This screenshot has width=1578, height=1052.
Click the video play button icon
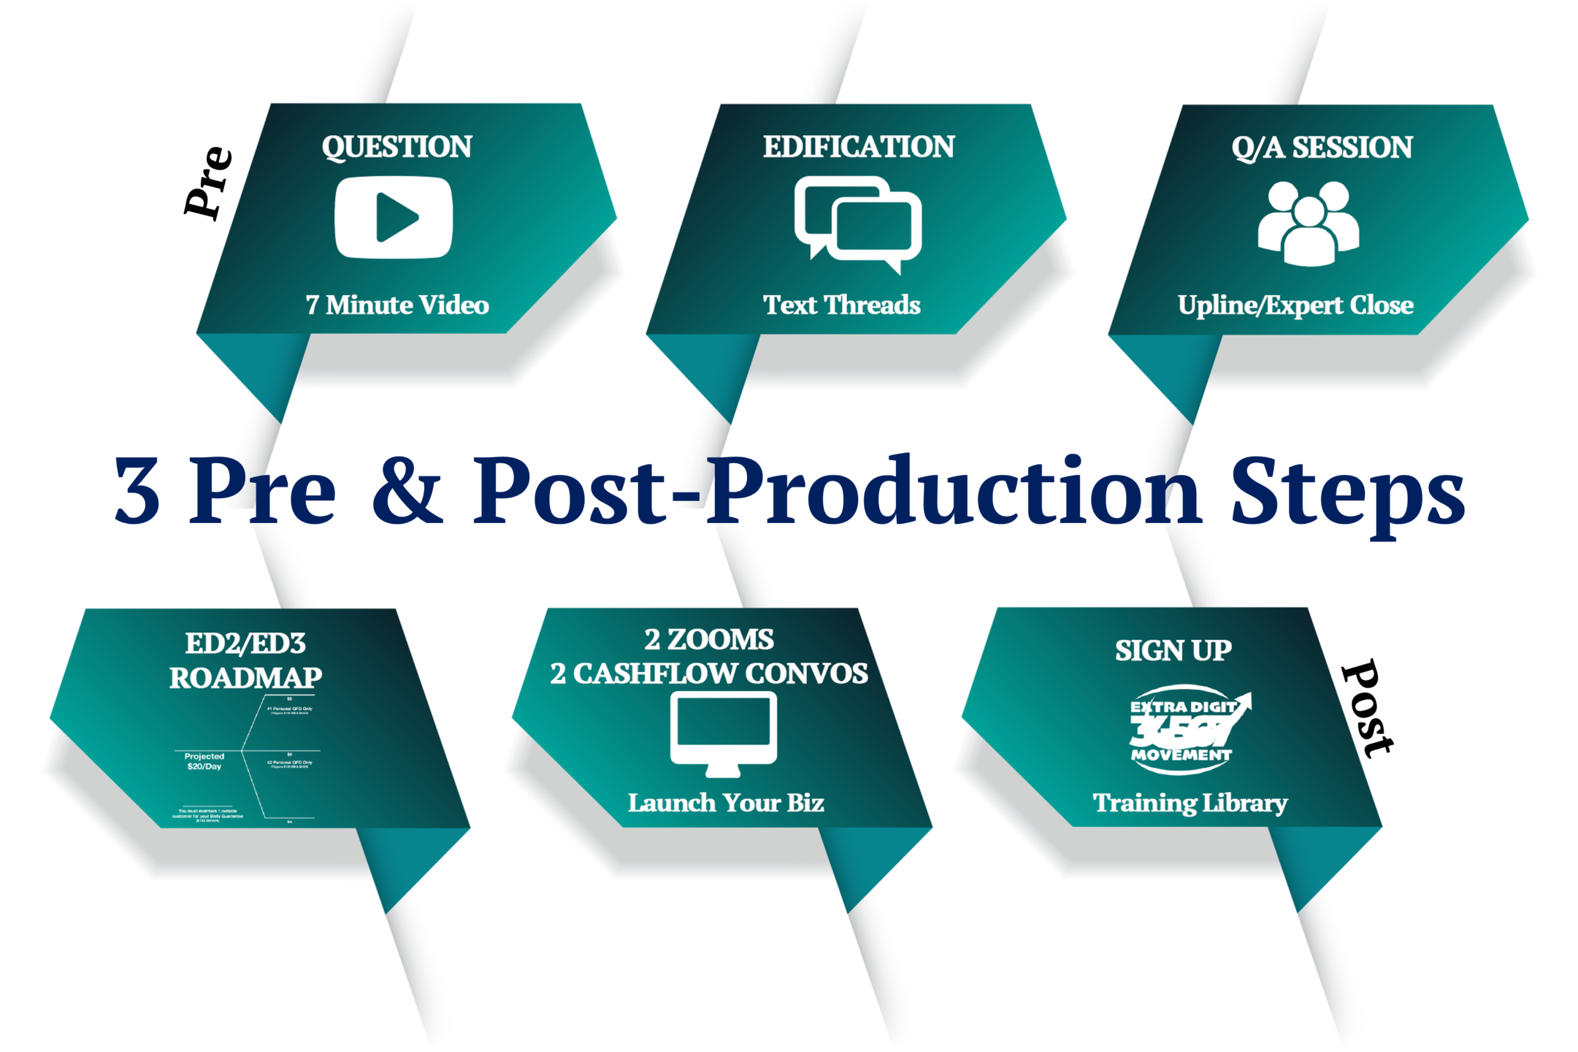coord(394,217)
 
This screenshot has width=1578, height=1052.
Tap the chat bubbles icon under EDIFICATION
coord(857,224)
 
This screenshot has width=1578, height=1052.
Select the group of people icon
coord(1308,223)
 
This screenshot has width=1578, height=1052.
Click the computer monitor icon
coord(723,733)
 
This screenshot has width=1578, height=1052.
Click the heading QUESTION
coord(397,147)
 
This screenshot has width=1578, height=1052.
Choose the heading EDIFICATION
coord(859,147)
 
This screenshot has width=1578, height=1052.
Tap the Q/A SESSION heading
coord(1322,148)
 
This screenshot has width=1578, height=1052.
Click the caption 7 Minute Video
coord(397,305)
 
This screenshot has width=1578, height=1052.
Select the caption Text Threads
coord(842,305)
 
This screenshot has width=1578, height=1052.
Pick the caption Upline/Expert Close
coord(1295,305)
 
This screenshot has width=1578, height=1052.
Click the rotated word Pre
coord(208,183)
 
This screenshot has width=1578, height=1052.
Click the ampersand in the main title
coord(407,489)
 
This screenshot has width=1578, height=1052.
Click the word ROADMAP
coord(245,678)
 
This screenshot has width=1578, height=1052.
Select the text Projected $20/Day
coord(204,761)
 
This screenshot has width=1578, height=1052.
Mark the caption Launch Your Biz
coord(726,803)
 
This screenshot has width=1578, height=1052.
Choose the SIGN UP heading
coord(1173,650)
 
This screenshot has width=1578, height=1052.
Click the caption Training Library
coord(1190,803)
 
